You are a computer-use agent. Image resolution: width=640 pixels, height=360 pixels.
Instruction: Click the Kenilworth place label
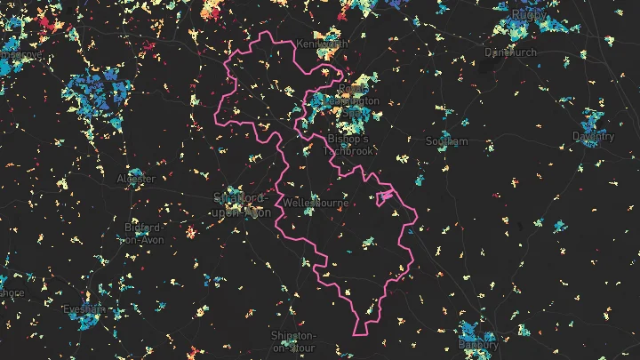[x=324, y=44]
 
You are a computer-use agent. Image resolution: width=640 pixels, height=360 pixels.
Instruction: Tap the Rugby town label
[x=529, y=14]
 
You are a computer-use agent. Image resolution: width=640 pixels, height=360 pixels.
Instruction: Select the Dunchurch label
[x=510, y=52]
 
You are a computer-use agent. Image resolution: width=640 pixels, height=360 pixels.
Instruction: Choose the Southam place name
[x=446, y=141]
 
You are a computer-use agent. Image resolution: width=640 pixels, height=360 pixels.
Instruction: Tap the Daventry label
[x=594, y=137]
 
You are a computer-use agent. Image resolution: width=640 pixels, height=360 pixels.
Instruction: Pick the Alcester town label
[x=136, y=179]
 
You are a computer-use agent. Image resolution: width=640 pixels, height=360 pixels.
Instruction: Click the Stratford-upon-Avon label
[x=242, y=205]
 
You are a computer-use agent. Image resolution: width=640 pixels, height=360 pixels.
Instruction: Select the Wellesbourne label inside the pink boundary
[x=314, y=204]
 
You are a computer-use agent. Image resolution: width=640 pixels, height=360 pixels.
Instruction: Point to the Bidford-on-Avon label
[x=142, y=233]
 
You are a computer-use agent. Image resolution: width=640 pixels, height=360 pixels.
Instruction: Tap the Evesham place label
[x=84, y=309]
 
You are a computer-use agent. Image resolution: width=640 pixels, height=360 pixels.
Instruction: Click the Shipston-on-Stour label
[x=293, y=341]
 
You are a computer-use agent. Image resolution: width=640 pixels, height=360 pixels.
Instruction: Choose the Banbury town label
[x=478, y=343]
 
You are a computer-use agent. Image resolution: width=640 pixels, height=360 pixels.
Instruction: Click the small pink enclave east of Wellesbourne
[x=385, y=196]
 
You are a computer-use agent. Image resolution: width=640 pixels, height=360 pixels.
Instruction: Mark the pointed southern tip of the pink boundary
[x=361, y=334]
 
